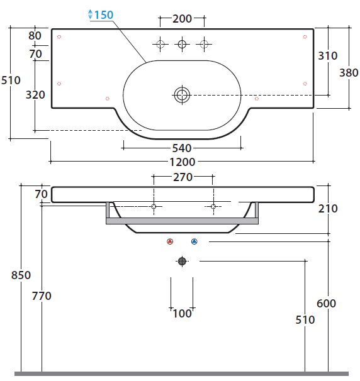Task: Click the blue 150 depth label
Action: (x=104, y=15)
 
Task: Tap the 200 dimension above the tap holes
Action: (x=182, y=19)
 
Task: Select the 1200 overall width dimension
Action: (x=182, y=162)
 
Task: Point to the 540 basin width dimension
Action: (x=182, y=148)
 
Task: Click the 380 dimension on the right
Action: (x=349, y=73)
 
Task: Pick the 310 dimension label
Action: (x=328, y=56)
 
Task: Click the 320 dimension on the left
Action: (x=35, y=95)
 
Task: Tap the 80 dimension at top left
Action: (x=35, y=36)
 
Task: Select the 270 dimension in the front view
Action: (x=183, y=177)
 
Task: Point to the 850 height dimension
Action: (x=21, y=275)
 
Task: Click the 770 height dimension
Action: (x=42, y=296)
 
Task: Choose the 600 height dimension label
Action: (x=326, y=304)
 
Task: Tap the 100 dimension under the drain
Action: (x=182, y=314)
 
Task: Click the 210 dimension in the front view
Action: (x=328, y=209)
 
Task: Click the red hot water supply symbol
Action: (x=170, y=241)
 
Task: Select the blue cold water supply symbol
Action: (x=194, y=241)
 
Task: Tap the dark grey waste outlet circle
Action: (x=182, y=261)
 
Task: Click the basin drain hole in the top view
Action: (x=182, y=95)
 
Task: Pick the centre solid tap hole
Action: (x=182, y=44)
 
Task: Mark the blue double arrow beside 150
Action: (x=90, y=14)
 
